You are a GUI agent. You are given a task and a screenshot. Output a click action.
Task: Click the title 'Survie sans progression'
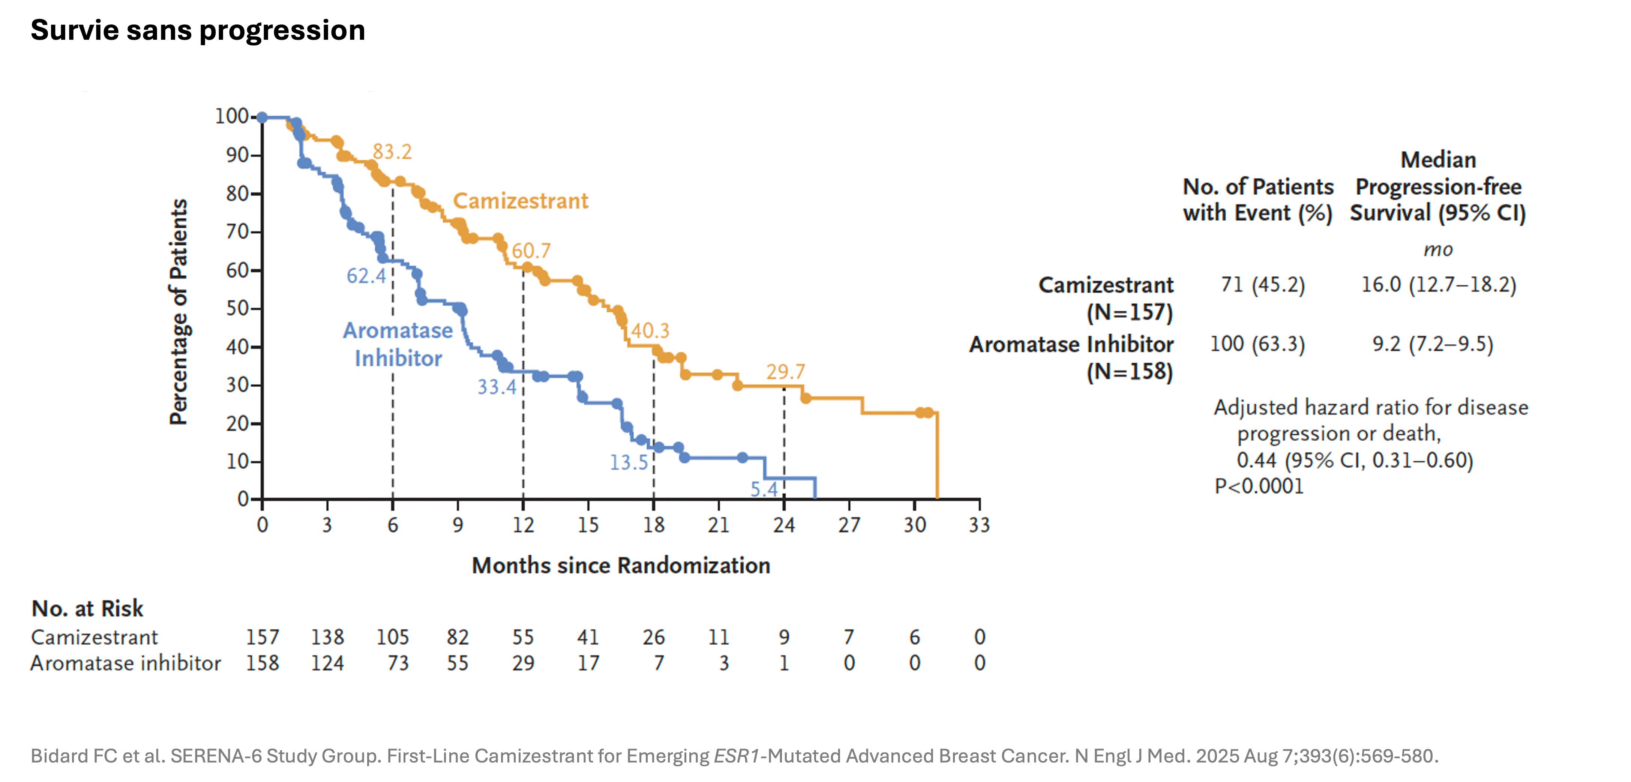198,30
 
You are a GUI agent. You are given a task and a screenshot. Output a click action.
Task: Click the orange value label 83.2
392,152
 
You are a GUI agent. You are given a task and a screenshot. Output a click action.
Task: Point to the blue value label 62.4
366,276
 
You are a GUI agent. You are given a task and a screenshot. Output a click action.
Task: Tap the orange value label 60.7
531,251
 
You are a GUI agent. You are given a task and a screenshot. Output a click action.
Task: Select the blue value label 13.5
629,463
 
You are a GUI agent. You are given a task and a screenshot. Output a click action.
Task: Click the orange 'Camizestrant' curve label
521,201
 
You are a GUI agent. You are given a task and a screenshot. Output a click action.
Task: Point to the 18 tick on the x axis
653,525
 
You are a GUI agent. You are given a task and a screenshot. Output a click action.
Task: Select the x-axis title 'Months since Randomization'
621,566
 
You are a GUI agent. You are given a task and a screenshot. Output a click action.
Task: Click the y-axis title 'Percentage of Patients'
179,312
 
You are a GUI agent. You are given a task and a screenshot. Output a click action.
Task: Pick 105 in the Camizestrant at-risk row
393,637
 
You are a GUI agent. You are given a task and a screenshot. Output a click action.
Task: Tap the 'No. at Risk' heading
87,608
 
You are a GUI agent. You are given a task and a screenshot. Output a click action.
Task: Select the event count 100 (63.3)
1257,344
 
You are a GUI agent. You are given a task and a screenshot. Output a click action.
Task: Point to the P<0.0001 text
1259,486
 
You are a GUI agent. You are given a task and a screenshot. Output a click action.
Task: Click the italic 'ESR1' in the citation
736,756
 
